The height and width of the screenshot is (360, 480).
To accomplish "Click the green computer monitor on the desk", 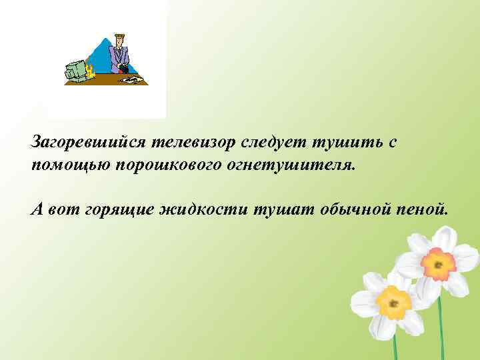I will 76,70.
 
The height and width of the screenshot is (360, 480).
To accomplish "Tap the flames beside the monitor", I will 89,72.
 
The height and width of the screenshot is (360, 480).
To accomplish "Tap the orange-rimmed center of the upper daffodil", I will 438,263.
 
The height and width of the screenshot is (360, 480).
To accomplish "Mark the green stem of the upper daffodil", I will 441,327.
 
